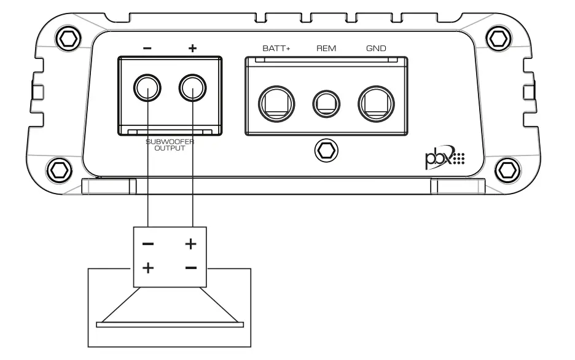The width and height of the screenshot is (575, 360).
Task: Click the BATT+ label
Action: pyautogui.click(x=276, y=48)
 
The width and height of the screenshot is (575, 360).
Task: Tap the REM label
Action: pyautogui.click(x=326, y=48)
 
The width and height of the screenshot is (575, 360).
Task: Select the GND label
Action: pyautogui.click(x=376, y=48)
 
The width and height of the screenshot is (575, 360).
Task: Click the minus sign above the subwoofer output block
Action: pyautogui.click(x=148, y=49)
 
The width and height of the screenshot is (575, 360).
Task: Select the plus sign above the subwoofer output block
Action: pyautogui.click(x=193, y=49)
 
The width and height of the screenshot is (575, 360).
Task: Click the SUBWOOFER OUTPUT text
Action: pyautogui.click(x=170, y=144)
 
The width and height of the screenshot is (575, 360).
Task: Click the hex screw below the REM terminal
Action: pyautogui.click(x=326, y=149)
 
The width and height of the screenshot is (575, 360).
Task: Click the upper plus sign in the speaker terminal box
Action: pyautogui.click(x=191, y=244)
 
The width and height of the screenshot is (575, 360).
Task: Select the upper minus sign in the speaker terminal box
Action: pyautogui.click(x=148, y=244)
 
